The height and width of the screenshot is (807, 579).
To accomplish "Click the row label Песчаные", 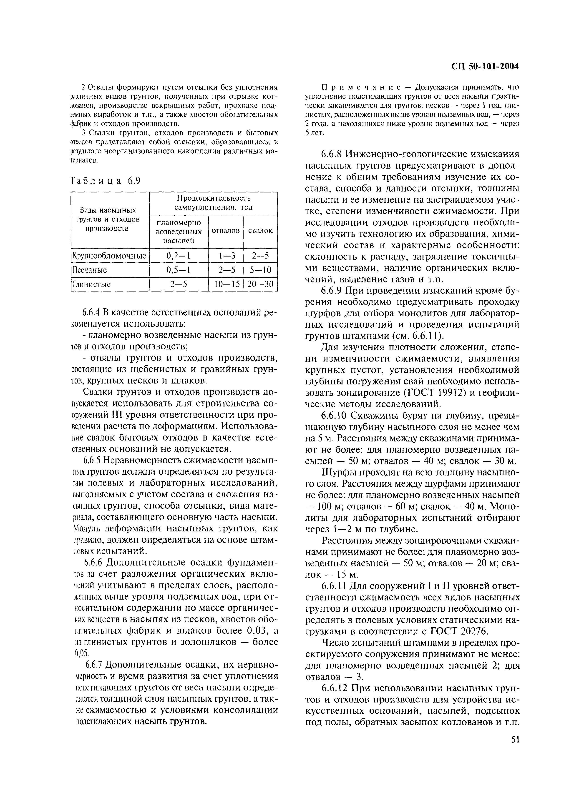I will [x=90, y=270].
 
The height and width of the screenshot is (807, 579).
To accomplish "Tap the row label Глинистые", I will [x=92, y=284].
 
